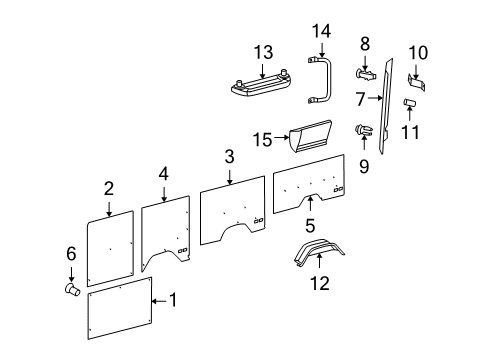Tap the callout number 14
tap(321, 32)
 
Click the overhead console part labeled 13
tap(265, 87)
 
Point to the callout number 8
tap(365, 43)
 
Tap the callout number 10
tap(418, 51)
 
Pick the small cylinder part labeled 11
tap(411, 104)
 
